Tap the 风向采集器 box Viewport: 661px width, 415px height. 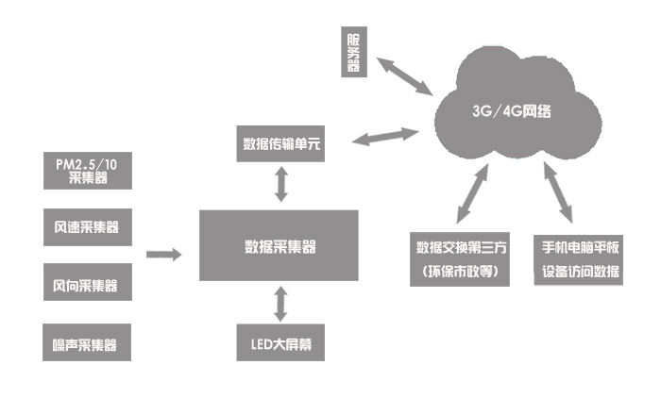point(87,284)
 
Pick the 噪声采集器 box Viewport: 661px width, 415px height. point(87,341)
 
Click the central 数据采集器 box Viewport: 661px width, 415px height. point(280,248)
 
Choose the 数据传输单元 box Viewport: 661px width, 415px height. point(280,144)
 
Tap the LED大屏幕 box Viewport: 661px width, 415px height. point(280,343)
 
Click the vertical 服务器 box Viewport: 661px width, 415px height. point(353,53)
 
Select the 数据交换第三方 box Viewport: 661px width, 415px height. point(463,248)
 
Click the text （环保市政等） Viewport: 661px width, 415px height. point(463,274)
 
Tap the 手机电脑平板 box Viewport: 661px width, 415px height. point(581,248)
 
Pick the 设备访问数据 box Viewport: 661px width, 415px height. point(581,274)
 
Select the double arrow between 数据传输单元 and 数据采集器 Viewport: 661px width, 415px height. point(280,185)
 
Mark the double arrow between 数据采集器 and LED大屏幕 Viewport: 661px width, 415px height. point(280,304)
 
